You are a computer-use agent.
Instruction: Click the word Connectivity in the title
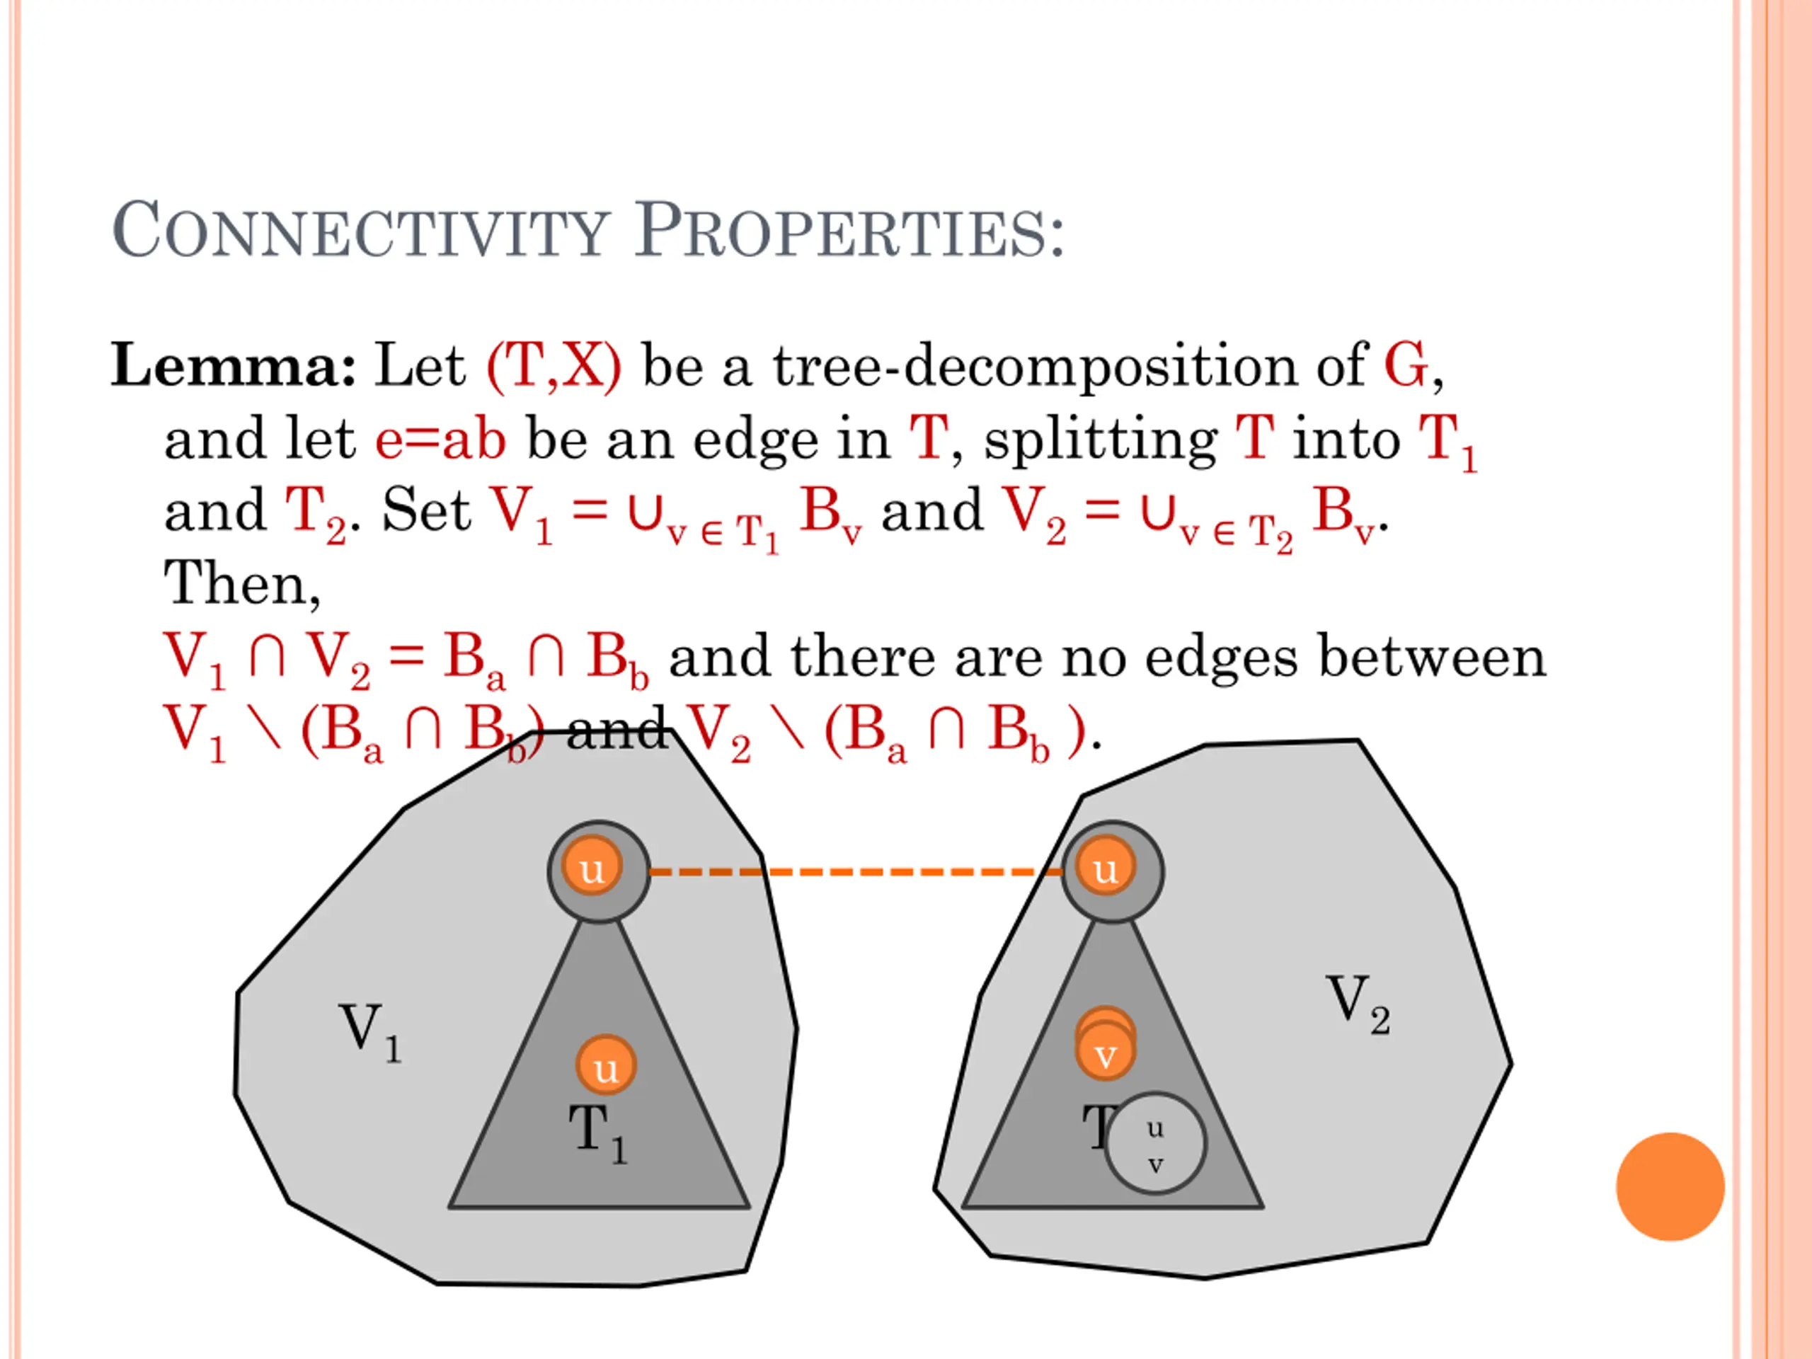coord(360,232)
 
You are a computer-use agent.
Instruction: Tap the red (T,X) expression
coord(554,365)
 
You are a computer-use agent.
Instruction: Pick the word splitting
coord(1101,440)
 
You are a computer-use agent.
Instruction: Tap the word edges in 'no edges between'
coord(1220,658)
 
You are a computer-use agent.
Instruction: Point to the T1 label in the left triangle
coord(598,1132)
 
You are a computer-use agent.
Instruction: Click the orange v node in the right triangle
coord(1105,1053)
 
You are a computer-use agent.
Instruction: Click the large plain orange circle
coord(1670,1186)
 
